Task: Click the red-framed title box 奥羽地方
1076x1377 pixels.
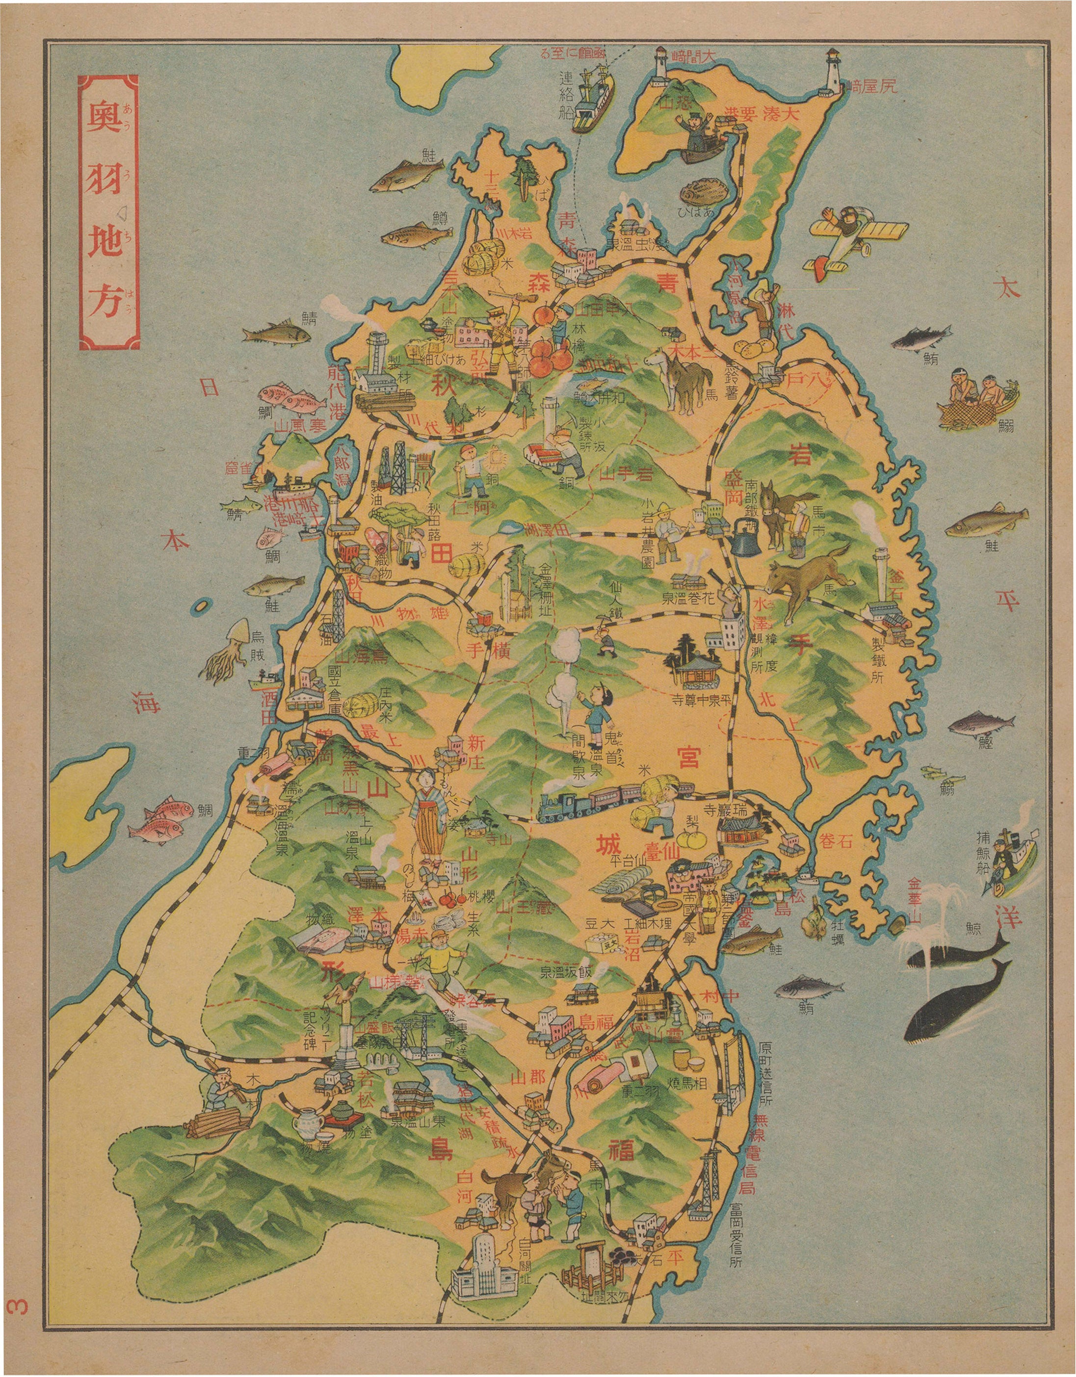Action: pos(108,212)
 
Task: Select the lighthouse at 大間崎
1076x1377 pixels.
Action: pos(661,67)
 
